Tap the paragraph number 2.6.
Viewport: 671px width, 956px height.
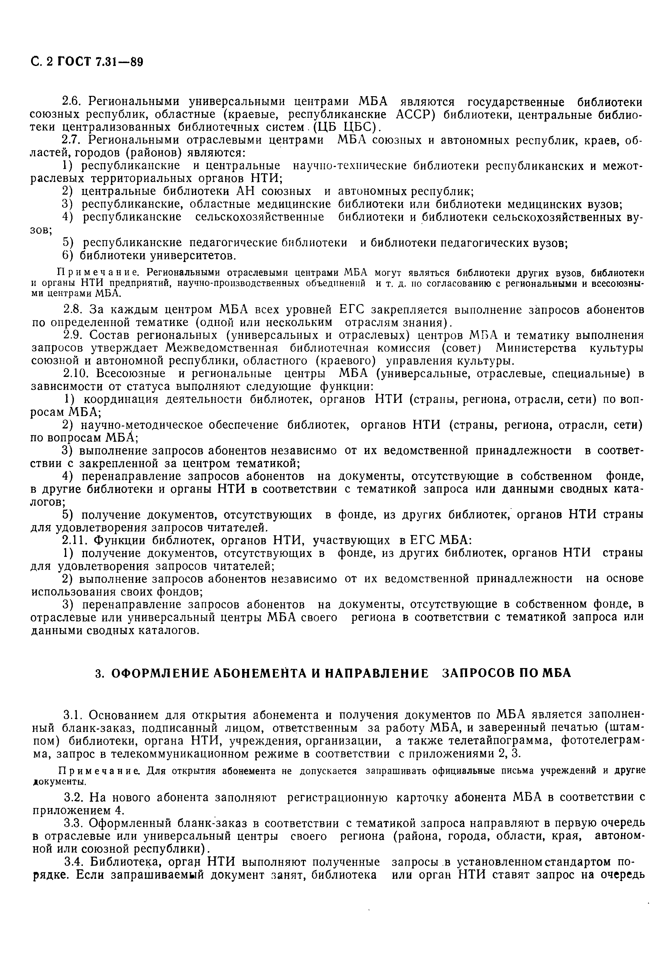(x=71, y=102)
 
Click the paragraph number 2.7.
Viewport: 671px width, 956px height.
(x=71, y=140)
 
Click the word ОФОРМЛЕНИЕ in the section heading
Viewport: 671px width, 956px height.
(x=156, y=673)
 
